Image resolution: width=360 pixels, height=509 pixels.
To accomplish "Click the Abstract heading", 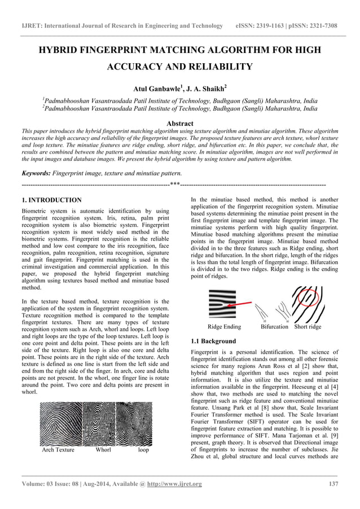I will (180, 123).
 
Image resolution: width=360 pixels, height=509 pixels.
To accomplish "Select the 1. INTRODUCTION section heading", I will (51, 200).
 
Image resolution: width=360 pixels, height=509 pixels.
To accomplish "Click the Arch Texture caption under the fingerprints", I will (58, 450).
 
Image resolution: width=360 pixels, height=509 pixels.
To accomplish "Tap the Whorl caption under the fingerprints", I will (103, 450).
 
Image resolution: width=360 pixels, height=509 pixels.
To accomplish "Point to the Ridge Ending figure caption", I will (224, 327).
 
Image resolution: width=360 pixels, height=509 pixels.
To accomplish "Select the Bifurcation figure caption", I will (274, 327).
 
